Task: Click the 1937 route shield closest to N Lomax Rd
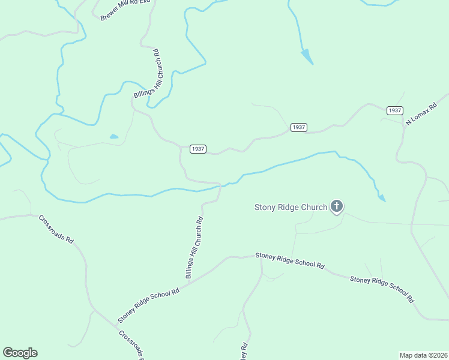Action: point(394,110)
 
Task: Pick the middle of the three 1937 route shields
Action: point(298,127)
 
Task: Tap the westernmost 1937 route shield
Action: point(198,149)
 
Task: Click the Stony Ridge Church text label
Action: point(291,208)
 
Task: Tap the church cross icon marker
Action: point(337,208)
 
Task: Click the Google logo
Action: point(20,353)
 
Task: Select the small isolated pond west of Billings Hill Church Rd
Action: point(113,137)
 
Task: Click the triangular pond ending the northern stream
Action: point(307,57)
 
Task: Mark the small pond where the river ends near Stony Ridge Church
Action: point(381,197)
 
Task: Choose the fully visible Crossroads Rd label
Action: point(56,229)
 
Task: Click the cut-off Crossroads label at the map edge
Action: point(130,345)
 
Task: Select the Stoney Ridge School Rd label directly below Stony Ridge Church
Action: point(290,260)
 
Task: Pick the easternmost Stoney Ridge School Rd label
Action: point(382,289)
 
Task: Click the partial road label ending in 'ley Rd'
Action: point(244,351)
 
